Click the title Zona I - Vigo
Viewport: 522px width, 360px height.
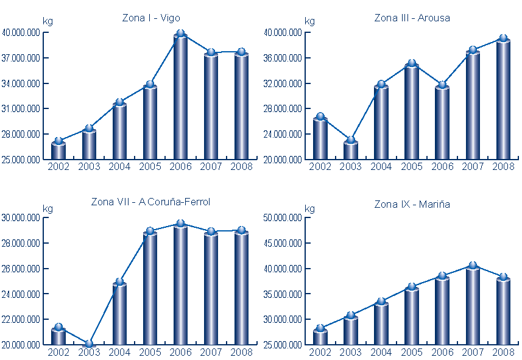point(151,18)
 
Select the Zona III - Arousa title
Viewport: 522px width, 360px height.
point(412,18)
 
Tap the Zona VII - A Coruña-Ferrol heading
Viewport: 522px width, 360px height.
point(150,202)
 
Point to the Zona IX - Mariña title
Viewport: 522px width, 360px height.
point(412,205)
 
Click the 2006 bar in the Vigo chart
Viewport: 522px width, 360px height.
point(180,97)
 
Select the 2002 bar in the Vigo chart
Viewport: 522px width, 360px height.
point(58,151)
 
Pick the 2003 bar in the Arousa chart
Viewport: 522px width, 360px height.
point(351,150)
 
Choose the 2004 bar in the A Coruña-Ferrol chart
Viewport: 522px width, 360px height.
point(119,314)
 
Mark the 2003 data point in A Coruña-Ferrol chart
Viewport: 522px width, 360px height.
point(89,344)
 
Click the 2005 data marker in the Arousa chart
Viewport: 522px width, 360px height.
point(412,63)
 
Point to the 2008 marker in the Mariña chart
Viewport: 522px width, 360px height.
point(503,277)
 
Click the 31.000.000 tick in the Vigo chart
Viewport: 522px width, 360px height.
point(21,109)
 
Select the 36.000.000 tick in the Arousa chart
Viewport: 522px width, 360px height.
point(283,58)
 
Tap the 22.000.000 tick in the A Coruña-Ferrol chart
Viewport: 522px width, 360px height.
point(21,319)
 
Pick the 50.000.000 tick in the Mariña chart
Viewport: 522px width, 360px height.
point(283,218)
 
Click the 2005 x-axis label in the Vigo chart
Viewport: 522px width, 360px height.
point(150,166)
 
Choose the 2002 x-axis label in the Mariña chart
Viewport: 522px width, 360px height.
point(320,351)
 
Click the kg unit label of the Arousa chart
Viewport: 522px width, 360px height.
point(309,22)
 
